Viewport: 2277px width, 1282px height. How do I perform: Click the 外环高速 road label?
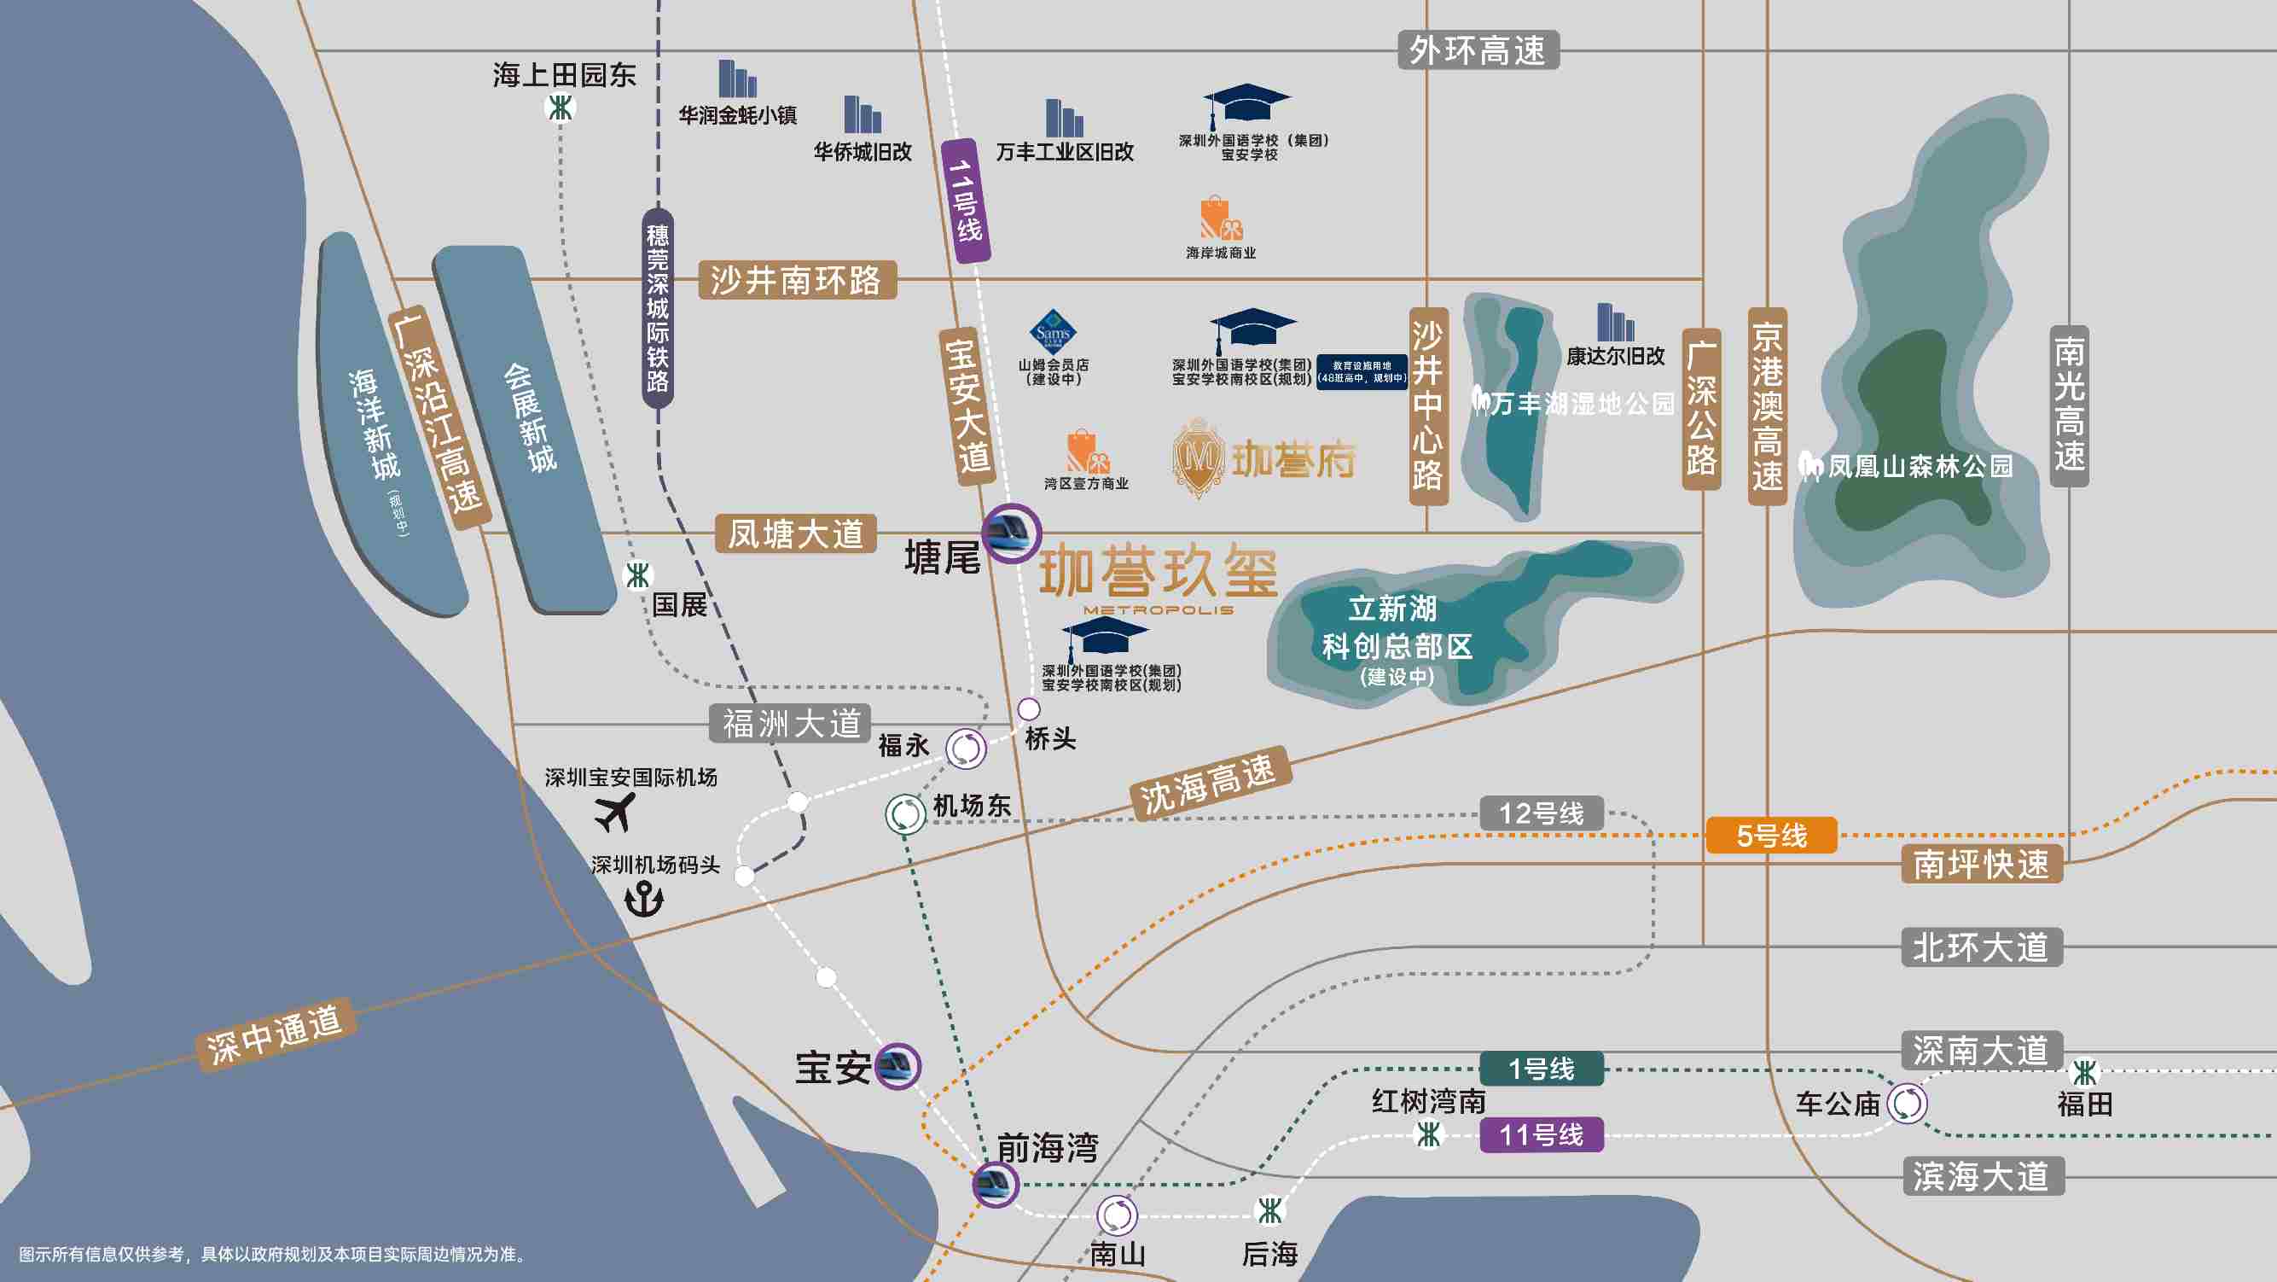(x=1478, y=50)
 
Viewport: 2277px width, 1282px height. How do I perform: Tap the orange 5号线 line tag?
(x=1770, y=836)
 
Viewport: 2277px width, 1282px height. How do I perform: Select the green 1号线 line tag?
(x=1541, y=1069)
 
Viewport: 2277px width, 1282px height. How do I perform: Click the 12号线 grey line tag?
(x=1541, y=813)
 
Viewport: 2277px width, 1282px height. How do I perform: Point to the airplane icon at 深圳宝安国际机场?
(x=615, y=812)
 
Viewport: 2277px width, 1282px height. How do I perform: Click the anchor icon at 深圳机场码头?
(x=643, y=900)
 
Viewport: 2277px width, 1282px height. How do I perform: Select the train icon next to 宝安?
(x=897, y=1066)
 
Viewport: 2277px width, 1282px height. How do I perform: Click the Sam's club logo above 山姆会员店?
(x=1053, y=332)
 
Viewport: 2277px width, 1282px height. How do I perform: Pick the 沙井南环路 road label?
(x=797, y=280)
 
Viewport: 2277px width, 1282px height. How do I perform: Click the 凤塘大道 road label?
(x=795, y=534)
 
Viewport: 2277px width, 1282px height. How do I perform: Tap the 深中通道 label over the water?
(x=275, y=1034)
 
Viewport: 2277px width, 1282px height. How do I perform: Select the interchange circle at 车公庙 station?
(x=1907, y=1104)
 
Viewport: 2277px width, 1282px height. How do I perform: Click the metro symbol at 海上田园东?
(x=560, y=108)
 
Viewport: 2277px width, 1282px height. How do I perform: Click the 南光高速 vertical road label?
(x=2070, y=405)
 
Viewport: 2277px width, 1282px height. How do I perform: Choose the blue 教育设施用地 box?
(x=1362, y=371)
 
